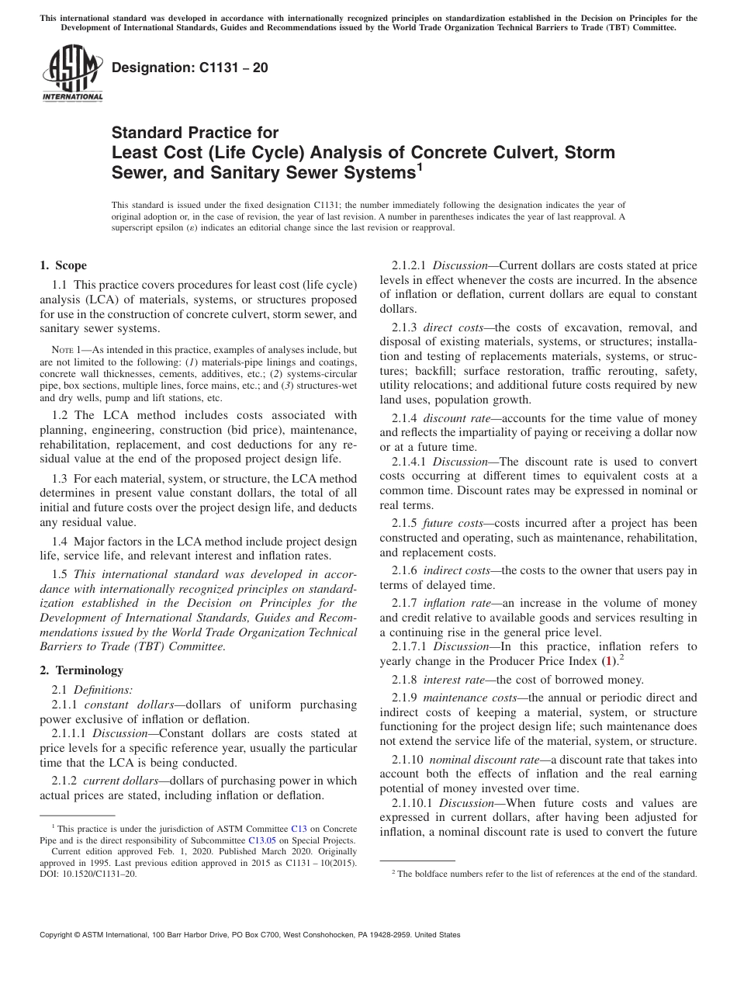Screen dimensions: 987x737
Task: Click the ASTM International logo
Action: click(x=72, y=74)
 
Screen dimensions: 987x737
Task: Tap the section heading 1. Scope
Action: click(x=63, y=265)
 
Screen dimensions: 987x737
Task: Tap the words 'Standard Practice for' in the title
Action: click(x=195, y=133)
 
